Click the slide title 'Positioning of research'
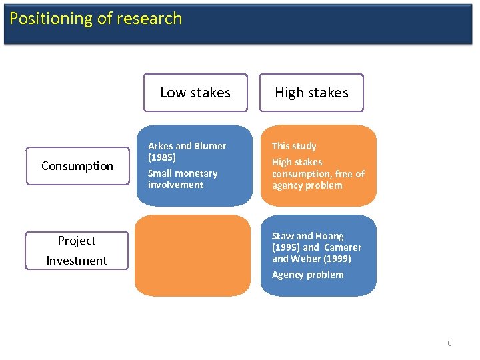[95, 19]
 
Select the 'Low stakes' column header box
[195, 93]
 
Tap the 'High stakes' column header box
[311, 93]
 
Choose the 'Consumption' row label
[77, 166]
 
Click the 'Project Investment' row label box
[77, 250]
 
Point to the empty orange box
[193, 255]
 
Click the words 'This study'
[294, 146]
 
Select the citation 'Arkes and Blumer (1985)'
[187, 151]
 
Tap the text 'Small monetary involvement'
[183, 179]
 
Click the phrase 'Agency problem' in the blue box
[307, 275]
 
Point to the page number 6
[449, 343]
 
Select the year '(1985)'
[162, 157]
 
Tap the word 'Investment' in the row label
[77, 261]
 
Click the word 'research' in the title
[153, 19]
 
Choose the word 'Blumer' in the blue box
[210, 146]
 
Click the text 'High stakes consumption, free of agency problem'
[318, 173]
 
